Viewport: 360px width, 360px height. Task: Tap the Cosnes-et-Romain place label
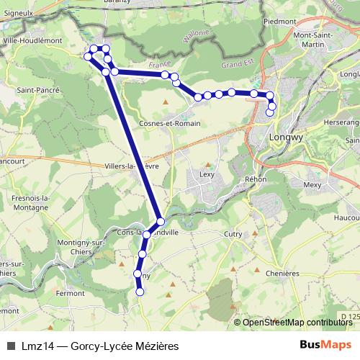[x=171, y=123]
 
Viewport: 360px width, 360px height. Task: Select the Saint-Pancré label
[x=37, y=90]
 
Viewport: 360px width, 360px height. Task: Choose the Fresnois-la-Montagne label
[x=30, y=202]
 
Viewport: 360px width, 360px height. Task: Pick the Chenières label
[x=282, y=274]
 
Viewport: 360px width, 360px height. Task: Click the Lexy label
[x=207, y=174]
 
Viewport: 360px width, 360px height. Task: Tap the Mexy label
[x=312, y=185]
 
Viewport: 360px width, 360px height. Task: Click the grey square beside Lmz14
[x=10, y=346]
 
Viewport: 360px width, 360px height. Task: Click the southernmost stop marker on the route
[x=140, y=292]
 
